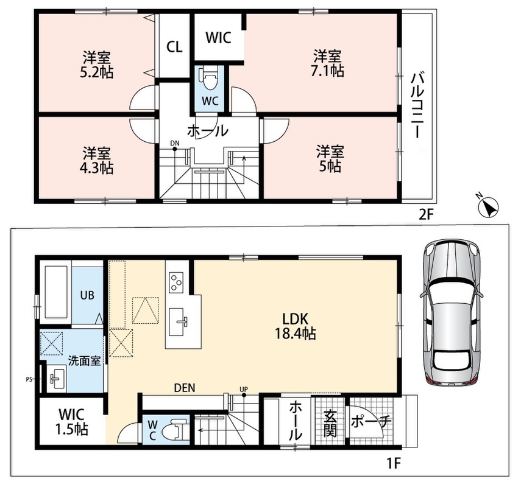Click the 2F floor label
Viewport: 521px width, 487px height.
pyautogui.click(x=427, y=215)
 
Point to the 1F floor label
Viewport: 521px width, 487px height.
pyautogui.click(x=393, y=463)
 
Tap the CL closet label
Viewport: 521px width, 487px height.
pyautogui.click(x=174, y=47)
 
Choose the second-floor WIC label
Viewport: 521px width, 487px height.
pyautogui.click(x=218, y=38)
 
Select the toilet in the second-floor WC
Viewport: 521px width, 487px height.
pyautogui.click(x=210, y=78)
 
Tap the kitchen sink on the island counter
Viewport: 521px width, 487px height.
pyautogui.click(x=180, y=321)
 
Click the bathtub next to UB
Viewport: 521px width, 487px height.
pyautogui.click(x=56, y=292)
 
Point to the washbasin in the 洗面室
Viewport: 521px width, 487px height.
pyautogui.click(x=56, y=378)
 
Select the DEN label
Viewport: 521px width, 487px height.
pyautogui.click(x=185, y=388)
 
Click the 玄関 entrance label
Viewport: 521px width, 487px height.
pyautogui.click(x=330, y=424)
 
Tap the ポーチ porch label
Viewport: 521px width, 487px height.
pyautogui.click(x=371, y=422)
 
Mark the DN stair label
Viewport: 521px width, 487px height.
pyautogui.click(x=175, y=144)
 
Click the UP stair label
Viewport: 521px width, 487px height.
pyautogui.click(x=244, y=389)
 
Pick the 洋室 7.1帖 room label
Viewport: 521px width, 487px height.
pyautogui.click(x=327, y=63)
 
